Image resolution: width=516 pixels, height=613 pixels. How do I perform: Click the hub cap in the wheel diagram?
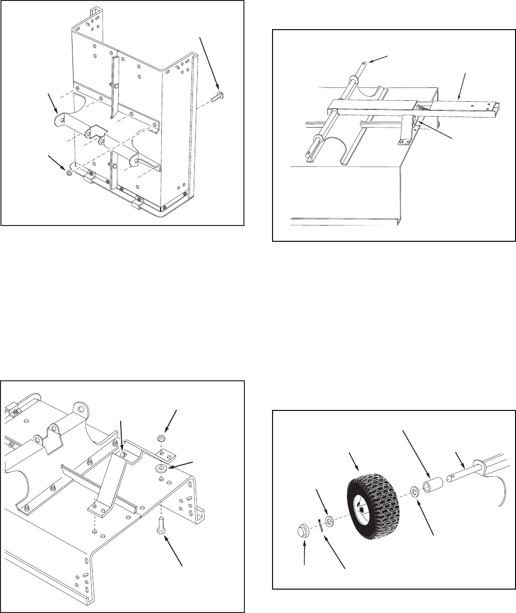pos(302,531)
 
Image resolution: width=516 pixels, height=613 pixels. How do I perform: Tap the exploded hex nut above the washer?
pos(162,438)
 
